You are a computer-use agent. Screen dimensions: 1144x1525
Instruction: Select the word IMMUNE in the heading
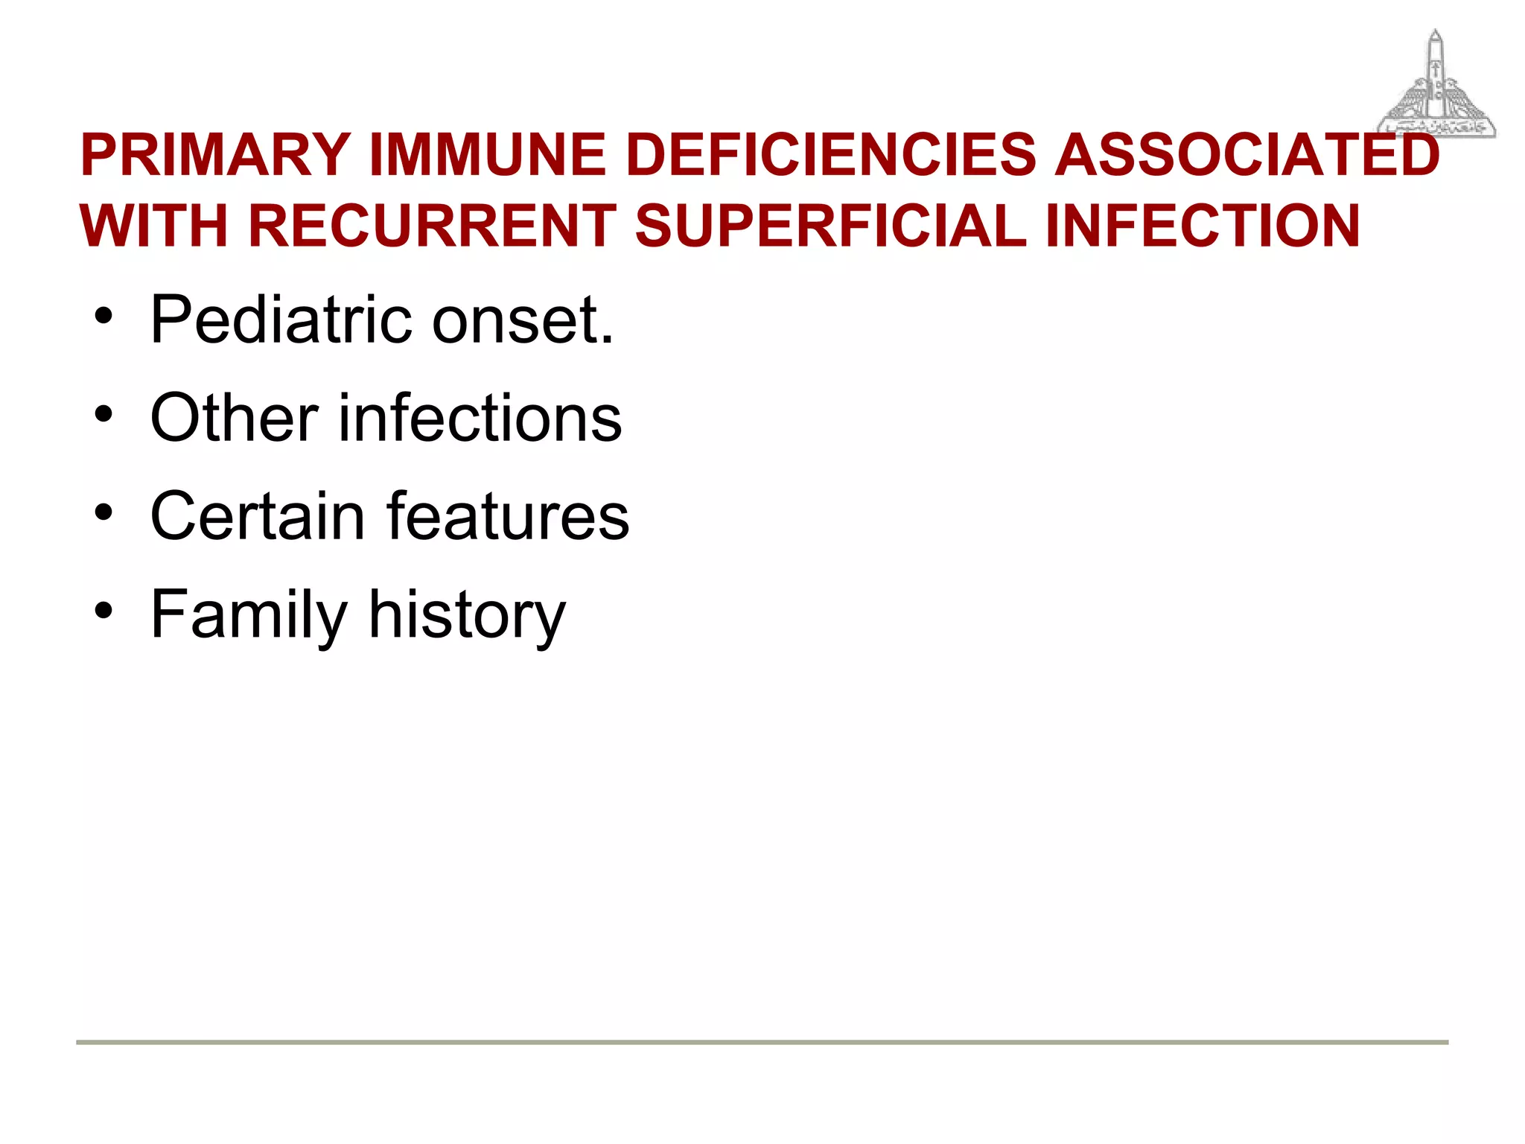pyautogui.click(x=488, y=155)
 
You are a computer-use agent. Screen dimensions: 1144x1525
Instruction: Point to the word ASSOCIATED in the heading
pyautogui.click(x=1247, y=155)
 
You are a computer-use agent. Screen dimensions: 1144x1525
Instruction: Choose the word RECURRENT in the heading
pyautogui.click(x=432, y=226)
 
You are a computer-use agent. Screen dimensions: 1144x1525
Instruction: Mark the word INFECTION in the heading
pyautogui.click(x=1203, y=226)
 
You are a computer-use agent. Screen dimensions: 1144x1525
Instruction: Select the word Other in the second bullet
pyautogui.click(x=235, y=418)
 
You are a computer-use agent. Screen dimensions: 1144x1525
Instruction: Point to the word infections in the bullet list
pyautogui.click(x=480, y=418)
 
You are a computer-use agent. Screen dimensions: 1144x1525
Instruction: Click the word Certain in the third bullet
pyautogui.click(x=258, y=516)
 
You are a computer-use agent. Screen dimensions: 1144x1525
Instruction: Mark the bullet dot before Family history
pyautogui.click(x=104, y=610)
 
